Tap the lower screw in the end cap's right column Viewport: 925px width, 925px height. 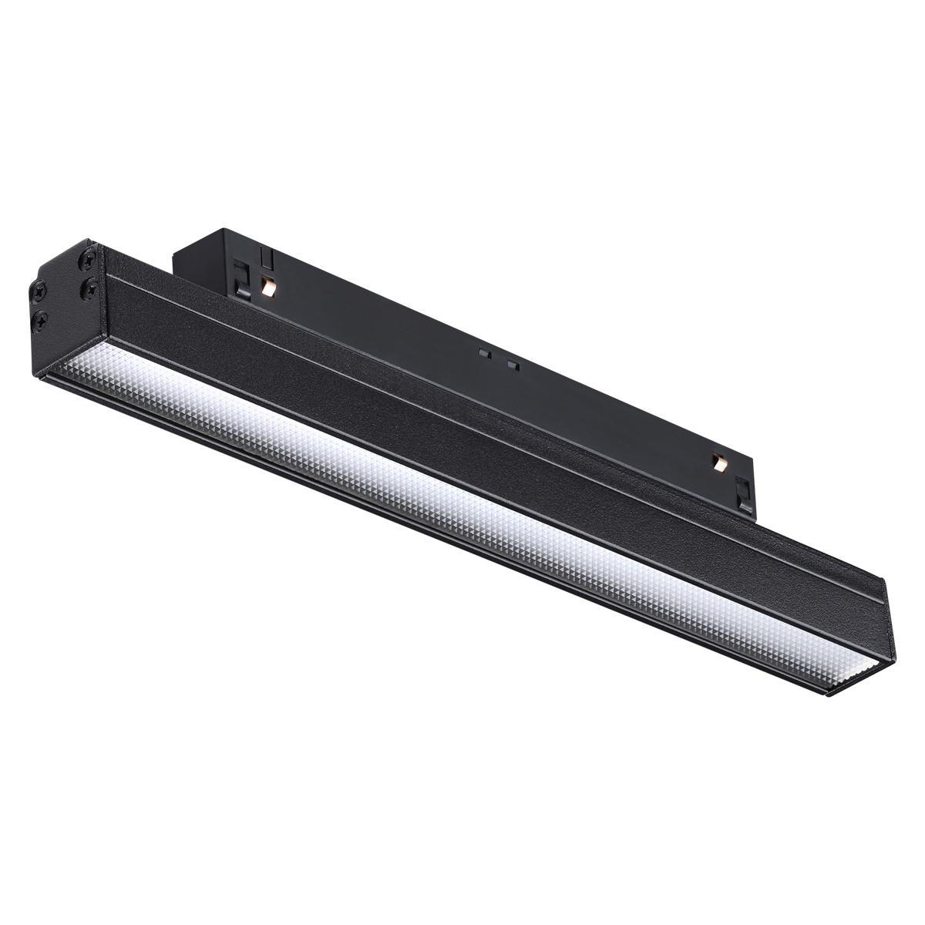pyautogui.click(x=90, y=288)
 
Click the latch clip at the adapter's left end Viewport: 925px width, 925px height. pyautogui.click(x=241, y=278)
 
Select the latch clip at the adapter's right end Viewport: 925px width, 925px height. pyautogui.click(x=744, y=493)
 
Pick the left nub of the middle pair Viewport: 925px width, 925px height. pyautogui.click(x=484, y=353)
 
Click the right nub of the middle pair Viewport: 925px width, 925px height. pyautogui.click(x=511, y=363)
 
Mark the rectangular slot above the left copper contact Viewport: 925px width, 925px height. pyautogui.click(x=266, y=257)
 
